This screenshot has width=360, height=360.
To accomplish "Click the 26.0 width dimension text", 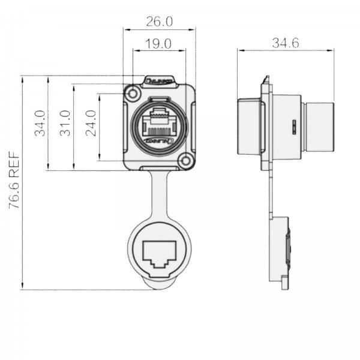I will [159, 22].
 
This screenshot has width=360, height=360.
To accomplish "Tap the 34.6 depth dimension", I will [286, 43].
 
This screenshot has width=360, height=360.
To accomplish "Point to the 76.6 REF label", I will [14, 180].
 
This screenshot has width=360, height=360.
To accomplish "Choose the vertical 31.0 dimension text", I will [66, 123].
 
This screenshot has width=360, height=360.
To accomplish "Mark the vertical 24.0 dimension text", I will [91, 123].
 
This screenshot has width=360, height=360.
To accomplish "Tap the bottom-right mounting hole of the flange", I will [187, 160].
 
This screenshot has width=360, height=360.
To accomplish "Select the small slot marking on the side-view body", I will [293, 127].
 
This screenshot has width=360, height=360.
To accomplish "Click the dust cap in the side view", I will [284, 252].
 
